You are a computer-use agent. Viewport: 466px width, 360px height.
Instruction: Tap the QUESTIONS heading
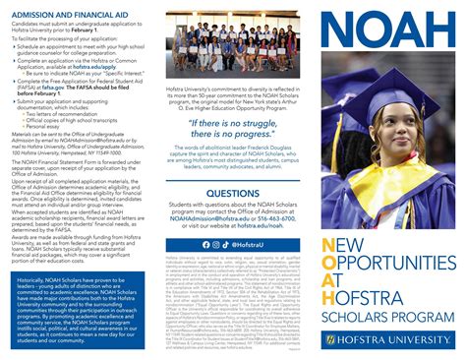coord(233,194)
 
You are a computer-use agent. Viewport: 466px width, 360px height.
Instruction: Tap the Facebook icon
coord(205,244)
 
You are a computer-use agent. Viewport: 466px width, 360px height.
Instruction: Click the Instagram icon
coord(216,244)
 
